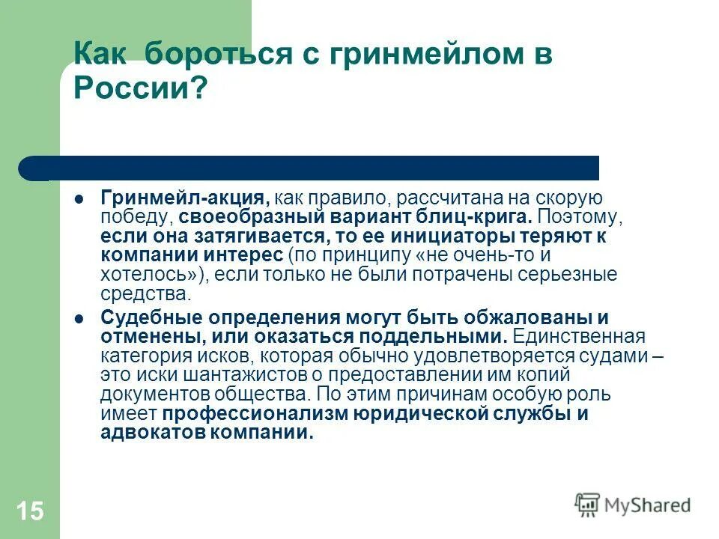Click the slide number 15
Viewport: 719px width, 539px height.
coord(29,512)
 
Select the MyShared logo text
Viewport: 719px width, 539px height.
coord(647,506)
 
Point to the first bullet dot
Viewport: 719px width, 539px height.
coord(79,200)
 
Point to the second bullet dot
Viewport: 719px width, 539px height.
coord(79,319)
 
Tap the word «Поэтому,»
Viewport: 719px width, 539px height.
coord(578,218)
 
